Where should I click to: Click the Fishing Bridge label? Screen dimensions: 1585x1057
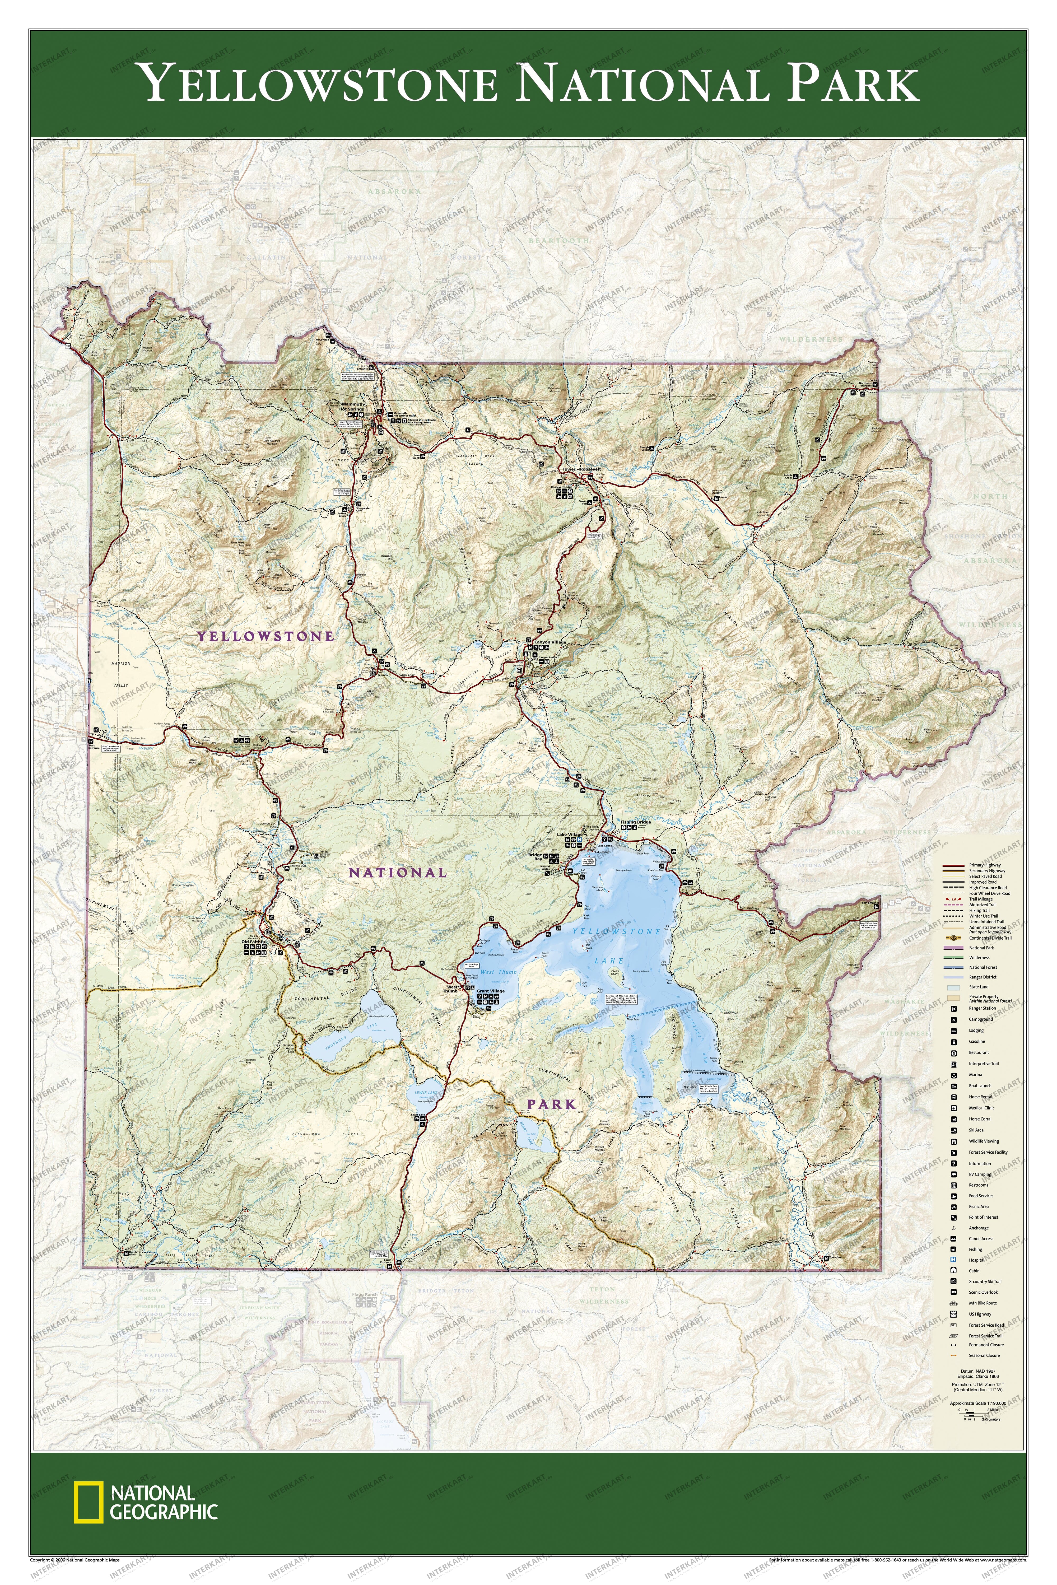point(636,823)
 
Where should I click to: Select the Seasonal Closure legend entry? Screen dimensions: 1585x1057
point(984,1355)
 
